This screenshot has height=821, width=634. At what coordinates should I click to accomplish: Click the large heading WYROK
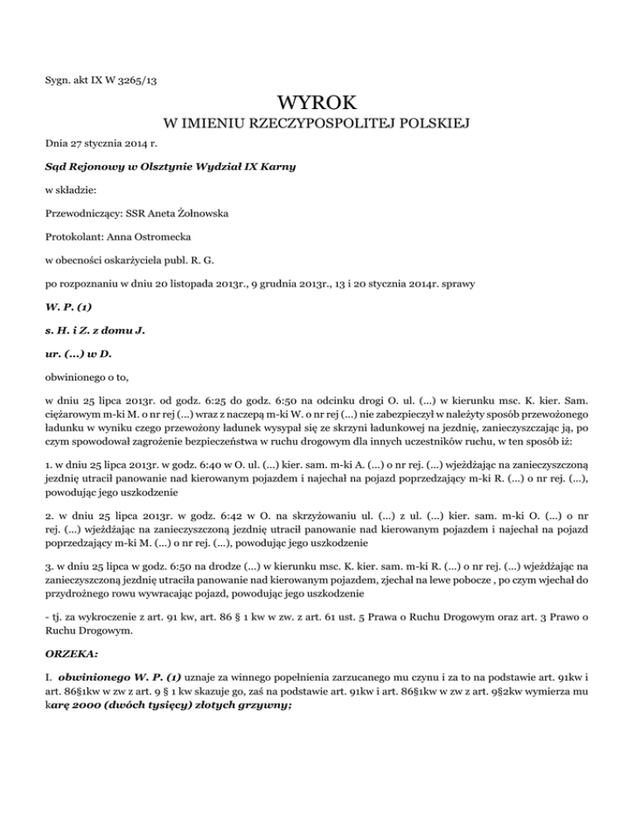(x=317, y=104)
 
